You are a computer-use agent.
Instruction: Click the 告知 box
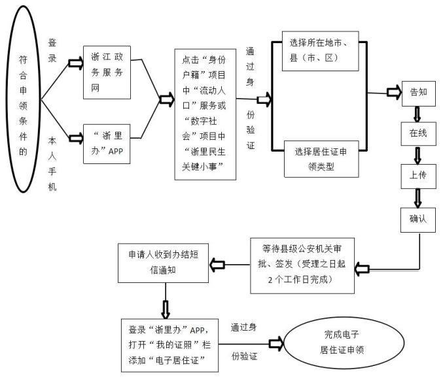tap(417, 92)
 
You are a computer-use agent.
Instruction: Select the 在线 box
tap(417, 133)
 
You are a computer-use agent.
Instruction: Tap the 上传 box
tap(417, 176)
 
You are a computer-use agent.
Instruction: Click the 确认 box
tap(417, 219)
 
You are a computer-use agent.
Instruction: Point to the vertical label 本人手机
tap(53, 163)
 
